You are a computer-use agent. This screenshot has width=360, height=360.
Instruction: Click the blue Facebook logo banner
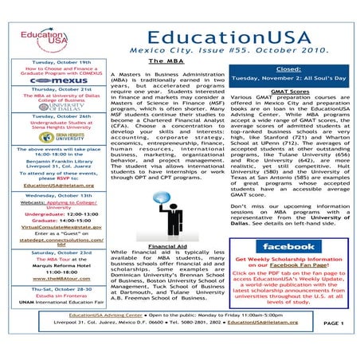(288, 248)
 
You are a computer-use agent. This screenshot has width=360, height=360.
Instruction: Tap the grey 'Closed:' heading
(288, 70)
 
